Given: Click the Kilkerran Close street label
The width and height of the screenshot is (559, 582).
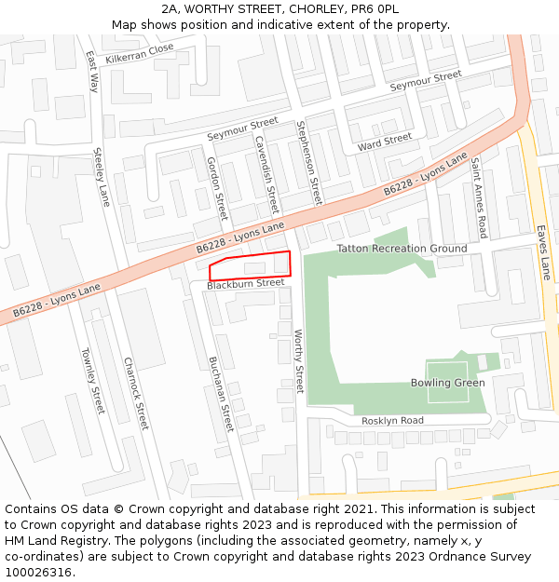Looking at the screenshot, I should tap(140, 53).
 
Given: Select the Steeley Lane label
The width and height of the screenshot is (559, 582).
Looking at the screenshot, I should tap(102, 177).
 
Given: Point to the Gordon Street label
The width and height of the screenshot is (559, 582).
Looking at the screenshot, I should tap(216, 187).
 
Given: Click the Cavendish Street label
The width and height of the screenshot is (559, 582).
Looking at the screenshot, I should tap(266, 175).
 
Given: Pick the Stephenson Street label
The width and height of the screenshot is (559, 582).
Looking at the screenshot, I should tap(309, 162).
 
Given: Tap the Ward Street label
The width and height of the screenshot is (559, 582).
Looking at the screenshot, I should tap(385, 142).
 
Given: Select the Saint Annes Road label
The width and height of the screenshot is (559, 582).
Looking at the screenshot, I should tap(478, 197).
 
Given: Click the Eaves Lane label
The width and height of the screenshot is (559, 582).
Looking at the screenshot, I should tap(544, 251).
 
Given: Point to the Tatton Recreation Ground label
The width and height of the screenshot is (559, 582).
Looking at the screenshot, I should tap(402, 249).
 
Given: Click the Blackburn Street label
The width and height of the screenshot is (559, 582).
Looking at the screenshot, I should tap(245, 283).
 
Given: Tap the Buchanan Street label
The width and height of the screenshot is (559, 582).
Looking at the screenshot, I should tap(220, 394).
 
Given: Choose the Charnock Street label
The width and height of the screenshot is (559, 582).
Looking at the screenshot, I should tap(136, 394).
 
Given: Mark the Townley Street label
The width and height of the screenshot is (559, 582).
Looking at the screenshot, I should tap(92, 381).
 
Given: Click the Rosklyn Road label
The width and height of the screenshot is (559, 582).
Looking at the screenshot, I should tap(392, 421).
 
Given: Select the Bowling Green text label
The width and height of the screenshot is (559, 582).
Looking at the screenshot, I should tap(447, 383).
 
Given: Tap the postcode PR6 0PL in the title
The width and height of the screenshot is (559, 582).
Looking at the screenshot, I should tap(375, 8).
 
